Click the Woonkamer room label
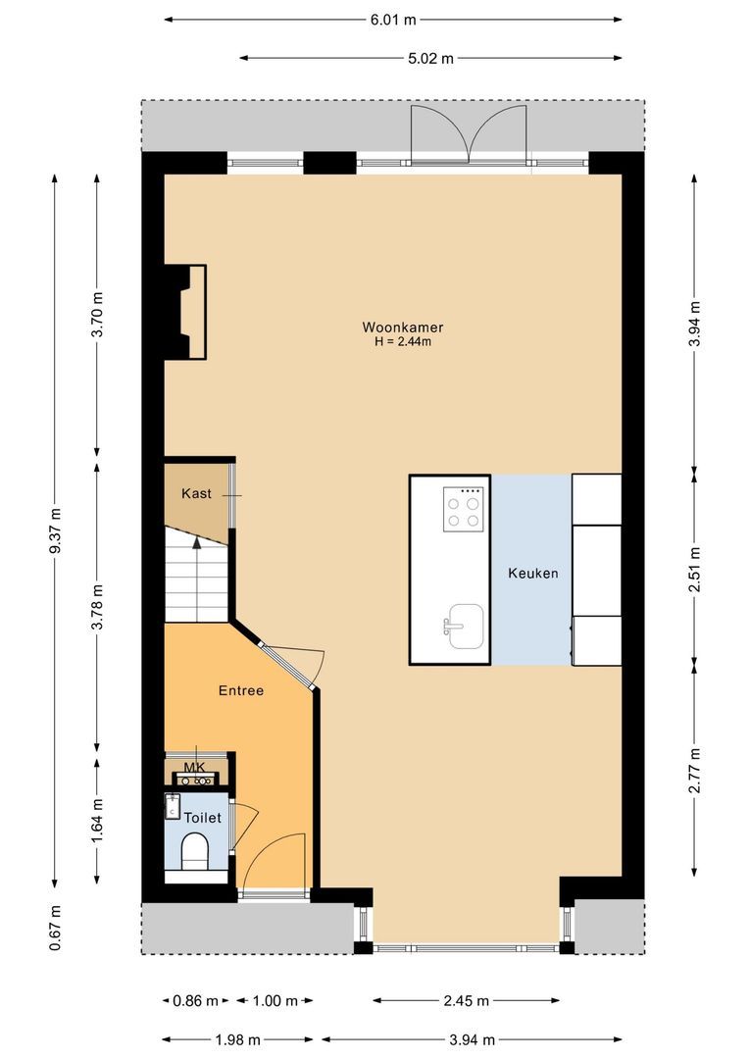pos(396,327)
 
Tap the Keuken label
pos(532,573)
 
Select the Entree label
pos(241,690)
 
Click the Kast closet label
pos(196,494)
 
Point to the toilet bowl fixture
pos(195,850)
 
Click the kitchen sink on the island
pos(464,625)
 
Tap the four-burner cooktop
pos(464,509)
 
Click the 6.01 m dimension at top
pos(392,20)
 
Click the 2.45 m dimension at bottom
pos(466,1001)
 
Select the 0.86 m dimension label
pos(195,1001)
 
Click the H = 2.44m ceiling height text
pos(396,342)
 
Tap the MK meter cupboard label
pos(195,766)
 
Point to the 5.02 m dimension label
pos(431,59)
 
